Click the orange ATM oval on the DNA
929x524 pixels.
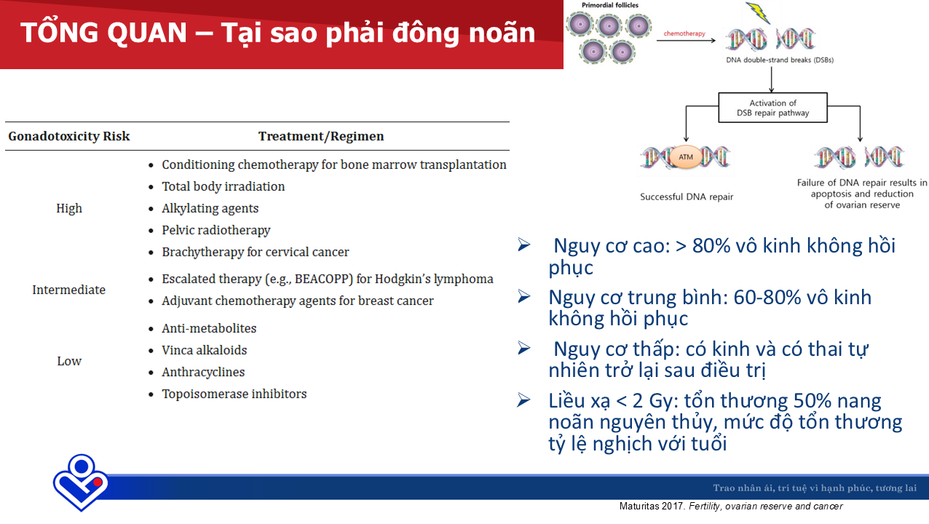pos(686,157)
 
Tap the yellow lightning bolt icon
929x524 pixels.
pos(758,12)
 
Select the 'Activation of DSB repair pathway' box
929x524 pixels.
pos(772,108)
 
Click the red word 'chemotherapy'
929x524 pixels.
pos(684,33)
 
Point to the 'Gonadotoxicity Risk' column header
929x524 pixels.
pos(69,136)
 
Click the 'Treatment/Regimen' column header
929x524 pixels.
pos(321,136)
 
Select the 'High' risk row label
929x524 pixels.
pos(69,208)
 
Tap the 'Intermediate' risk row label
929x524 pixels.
pos(69,290)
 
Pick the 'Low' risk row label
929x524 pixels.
pos(69,361)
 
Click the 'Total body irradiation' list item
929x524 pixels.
pos(223,186)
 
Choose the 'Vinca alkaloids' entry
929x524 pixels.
pos(204,350)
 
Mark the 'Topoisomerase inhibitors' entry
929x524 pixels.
pos(234,394)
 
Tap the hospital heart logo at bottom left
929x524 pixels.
pos(81,483)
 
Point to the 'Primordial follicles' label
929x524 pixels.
pos(609,5)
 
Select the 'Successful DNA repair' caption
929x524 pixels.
pos(687,197)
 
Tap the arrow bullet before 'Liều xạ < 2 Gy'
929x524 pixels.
pos(523,400)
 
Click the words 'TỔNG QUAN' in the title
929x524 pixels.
pos(103,33)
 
